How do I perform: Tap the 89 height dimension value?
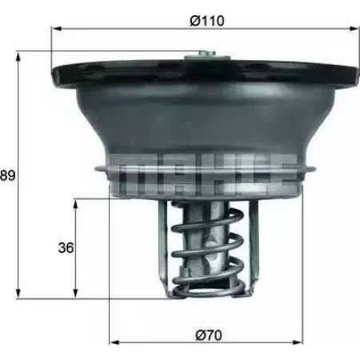point(9,174)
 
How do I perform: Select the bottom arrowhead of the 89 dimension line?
point(18,295)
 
